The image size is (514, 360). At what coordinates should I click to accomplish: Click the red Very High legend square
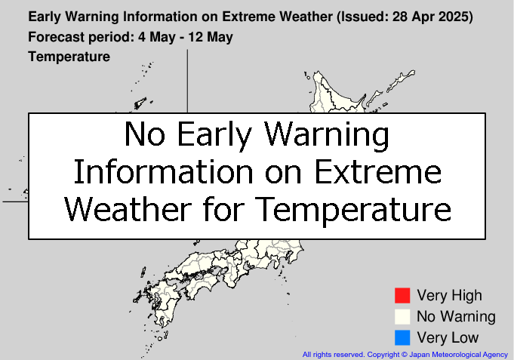(x=402, y=295)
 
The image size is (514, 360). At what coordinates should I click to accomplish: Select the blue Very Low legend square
(x=402, y=337)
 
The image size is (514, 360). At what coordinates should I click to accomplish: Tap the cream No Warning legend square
(x=402, y=317)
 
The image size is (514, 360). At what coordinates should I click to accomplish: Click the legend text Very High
(x=449, y=296)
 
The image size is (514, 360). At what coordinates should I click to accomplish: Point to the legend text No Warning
(x=456, y=317)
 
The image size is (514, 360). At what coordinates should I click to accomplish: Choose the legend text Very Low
(x=448, y=337)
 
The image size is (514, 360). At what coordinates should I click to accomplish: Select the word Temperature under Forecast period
(x=69, y=57)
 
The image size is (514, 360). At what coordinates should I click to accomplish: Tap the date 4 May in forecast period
(x=157, y=37)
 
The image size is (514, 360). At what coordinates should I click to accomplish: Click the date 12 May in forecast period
(x=210, y=37)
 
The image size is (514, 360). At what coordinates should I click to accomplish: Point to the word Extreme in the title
(x=248, y=17)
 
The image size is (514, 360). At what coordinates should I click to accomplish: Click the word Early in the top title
(x=45, y=17)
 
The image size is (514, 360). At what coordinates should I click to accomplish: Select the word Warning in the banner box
(x=327, y=134)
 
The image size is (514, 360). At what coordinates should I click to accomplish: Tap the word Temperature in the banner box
(x=352, y=209)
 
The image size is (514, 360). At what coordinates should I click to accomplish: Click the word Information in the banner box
(x=164, y=172)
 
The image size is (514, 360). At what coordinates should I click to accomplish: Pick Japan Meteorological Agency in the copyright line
(x=458, y=355)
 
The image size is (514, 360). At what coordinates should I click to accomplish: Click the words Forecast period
(x=81, y=37)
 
